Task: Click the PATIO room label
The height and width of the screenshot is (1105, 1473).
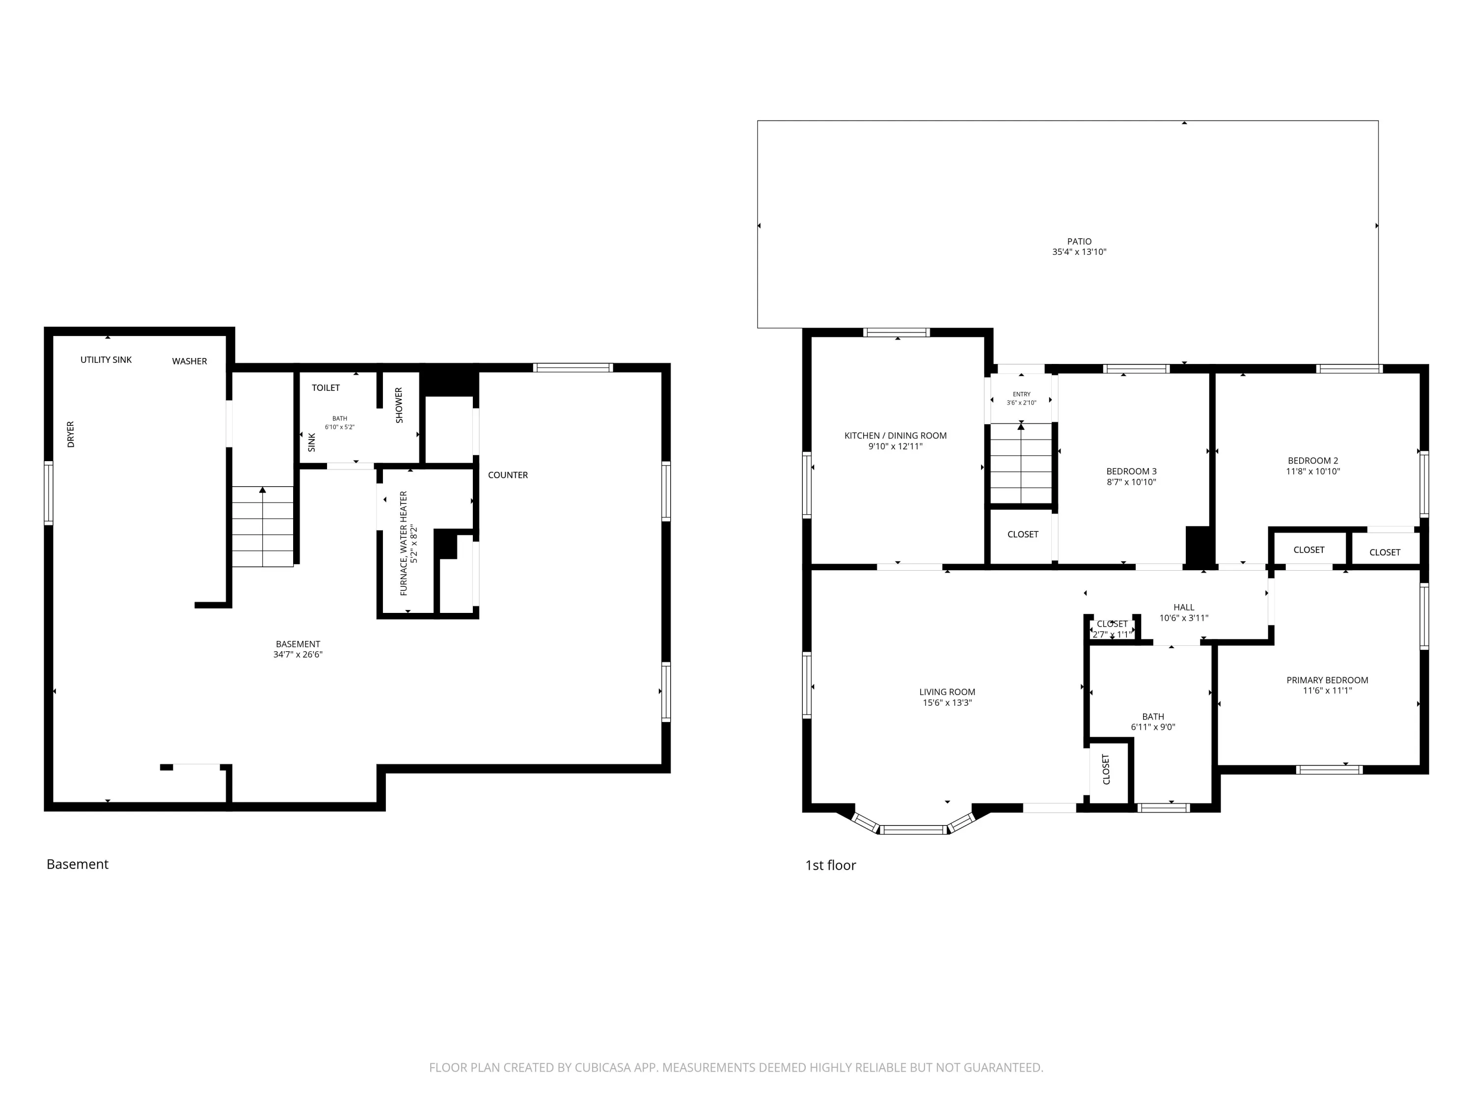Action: pos(1079,241)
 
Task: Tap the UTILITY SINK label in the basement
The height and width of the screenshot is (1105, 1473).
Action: pos(106,359)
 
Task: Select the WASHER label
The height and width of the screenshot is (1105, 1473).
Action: pos(190,361)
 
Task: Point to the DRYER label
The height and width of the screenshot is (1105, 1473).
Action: pos(71,434)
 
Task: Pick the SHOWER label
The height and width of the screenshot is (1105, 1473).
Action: pos(399,405)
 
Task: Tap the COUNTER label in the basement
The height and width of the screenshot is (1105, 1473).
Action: pos(508,475)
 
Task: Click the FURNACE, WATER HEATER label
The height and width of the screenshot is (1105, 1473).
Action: pos(404,544)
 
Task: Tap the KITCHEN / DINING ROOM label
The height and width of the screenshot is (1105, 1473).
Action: pos(896,436)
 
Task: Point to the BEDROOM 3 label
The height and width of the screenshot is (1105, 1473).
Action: pos(1131,471)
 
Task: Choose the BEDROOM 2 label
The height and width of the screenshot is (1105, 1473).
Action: pos(1312,460)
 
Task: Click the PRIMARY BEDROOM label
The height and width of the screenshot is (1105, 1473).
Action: pos(1327,680)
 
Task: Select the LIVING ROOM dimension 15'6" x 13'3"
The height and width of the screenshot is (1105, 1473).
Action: pos(947,703)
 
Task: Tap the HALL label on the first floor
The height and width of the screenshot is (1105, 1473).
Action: pos(1184,607)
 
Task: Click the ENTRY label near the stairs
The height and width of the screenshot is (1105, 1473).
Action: pos(1021,394)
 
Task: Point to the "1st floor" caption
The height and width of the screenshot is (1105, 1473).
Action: pos(830,865)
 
